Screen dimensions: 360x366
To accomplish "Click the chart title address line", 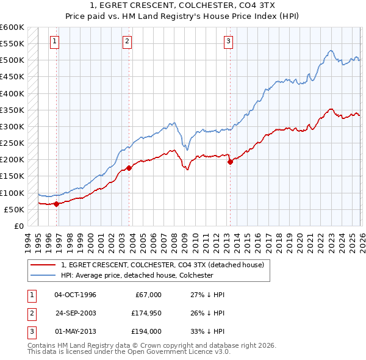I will [183, 6].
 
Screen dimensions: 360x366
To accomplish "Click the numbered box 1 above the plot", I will [55, 41].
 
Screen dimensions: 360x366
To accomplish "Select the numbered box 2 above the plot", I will [127, 41].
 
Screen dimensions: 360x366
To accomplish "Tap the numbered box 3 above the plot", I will [228, 41].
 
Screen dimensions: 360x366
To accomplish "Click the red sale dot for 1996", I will [57, 204].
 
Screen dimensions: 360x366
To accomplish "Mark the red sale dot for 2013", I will [230, 162].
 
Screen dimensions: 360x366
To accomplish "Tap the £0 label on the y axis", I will [18, 226].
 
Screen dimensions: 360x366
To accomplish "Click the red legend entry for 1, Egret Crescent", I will [162, 265].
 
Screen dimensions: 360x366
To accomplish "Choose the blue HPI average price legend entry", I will [137, 275].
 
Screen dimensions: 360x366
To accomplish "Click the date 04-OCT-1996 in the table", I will [75, 295].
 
